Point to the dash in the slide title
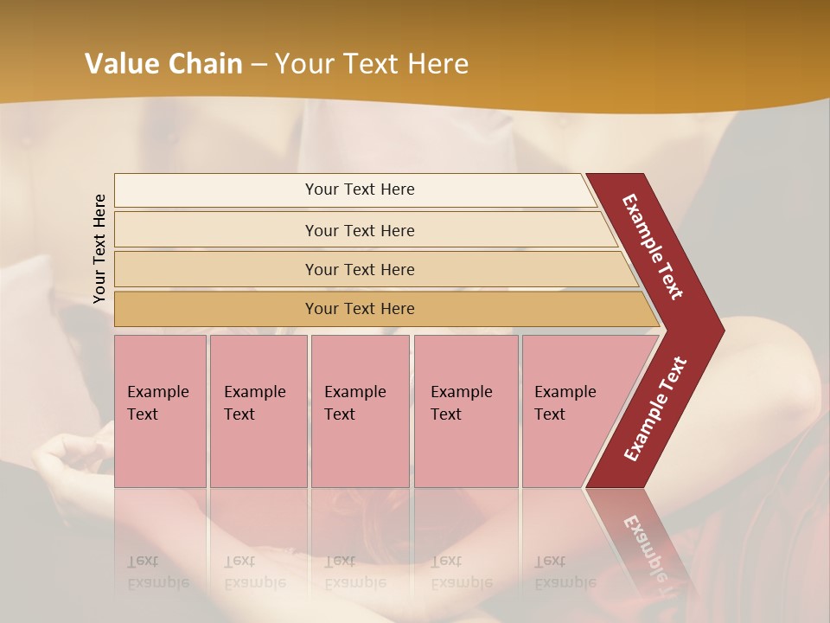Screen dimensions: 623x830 (259, 65)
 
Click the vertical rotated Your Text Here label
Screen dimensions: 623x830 (100, 249)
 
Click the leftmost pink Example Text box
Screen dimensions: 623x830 (160, 411)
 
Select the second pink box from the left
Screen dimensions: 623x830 (259, 411)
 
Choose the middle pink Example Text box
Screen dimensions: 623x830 (360, 411)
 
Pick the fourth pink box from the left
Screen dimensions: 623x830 (466, 411)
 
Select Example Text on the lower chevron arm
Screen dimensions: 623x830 (655, 408)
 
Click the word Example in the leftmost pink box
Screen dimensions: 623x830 (157, 392)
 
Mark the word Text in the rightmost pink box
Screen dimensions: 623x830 (549, 414)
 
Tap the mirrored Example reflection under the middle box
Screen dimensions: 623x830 (354, 582)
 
